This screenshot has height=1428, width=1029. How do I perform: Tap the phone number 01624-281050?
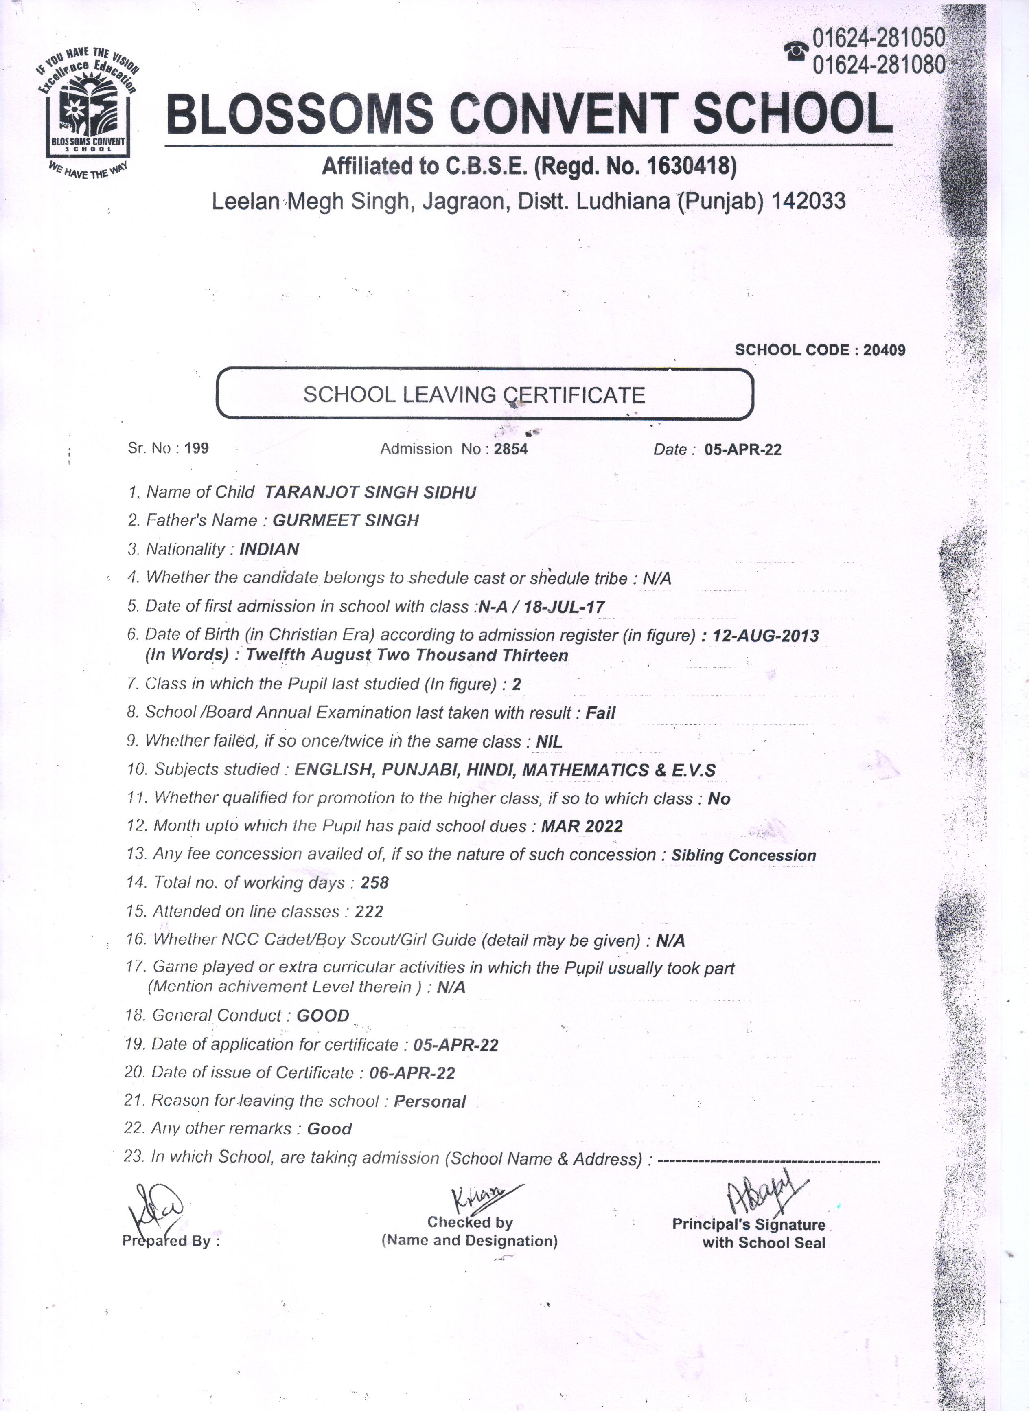click(x=878, y=39)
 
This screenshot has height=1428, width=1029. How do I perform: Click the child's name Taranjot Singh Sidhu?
click(x=370, y=492)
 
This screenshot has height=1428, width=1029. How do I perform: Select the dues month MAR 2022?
click(x=582, y=826)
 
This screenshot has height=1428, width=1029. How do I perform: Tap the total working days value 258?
click(x=374, y=883)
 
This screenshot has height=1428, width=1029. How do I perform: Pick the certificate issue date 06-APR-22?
click(x=412, y=1073)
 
